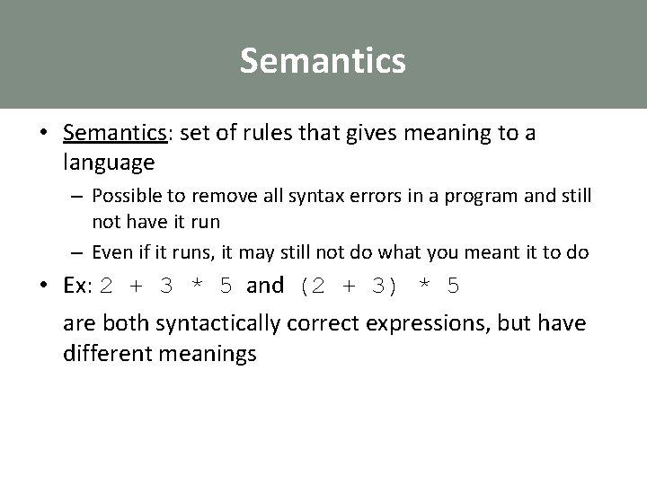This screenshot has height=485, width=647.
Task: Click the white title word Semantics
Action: [323, 61]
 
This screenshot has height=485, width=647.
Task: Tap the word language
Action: [109, 163]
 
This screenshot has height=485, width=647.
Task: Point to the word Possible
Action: [123, 197]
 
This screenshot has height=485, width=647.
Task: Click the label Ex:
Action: [79, 287]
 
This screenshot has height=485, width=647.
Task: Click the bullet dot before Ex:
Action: [44, 287]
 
